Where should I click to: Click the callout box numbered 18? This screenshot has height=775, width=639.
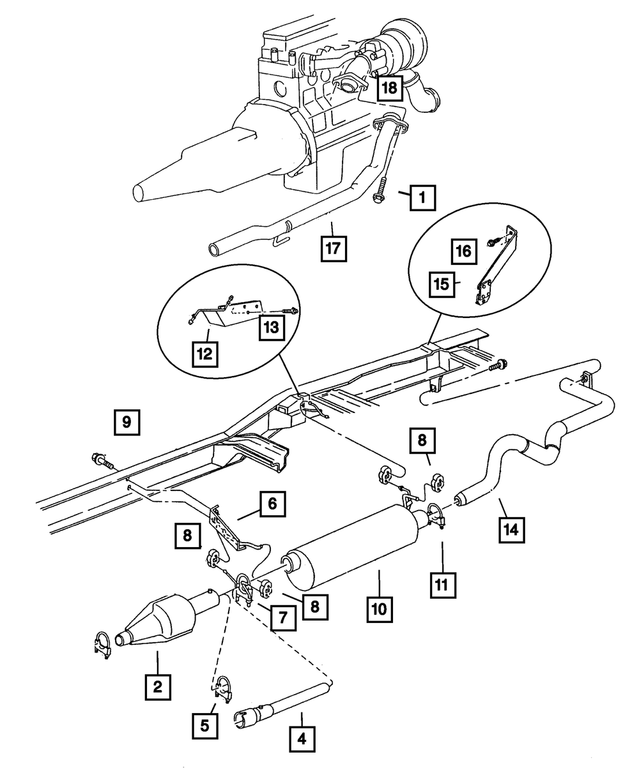[390, 87]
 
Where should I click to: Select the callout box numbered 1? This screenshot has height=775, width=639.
[422, 198]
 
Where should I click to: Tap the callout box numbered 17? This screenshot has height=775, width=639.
[334, 248]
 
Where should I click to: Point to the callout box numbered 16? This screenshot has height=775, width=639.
[465, 251]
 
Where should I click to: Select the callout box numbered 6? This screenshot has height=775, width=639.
[272, 504]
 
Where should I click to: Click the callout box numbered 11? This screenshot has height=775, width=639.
[442, 584]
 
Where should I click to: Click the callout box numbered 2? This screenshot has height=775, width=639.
[157, 687]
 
